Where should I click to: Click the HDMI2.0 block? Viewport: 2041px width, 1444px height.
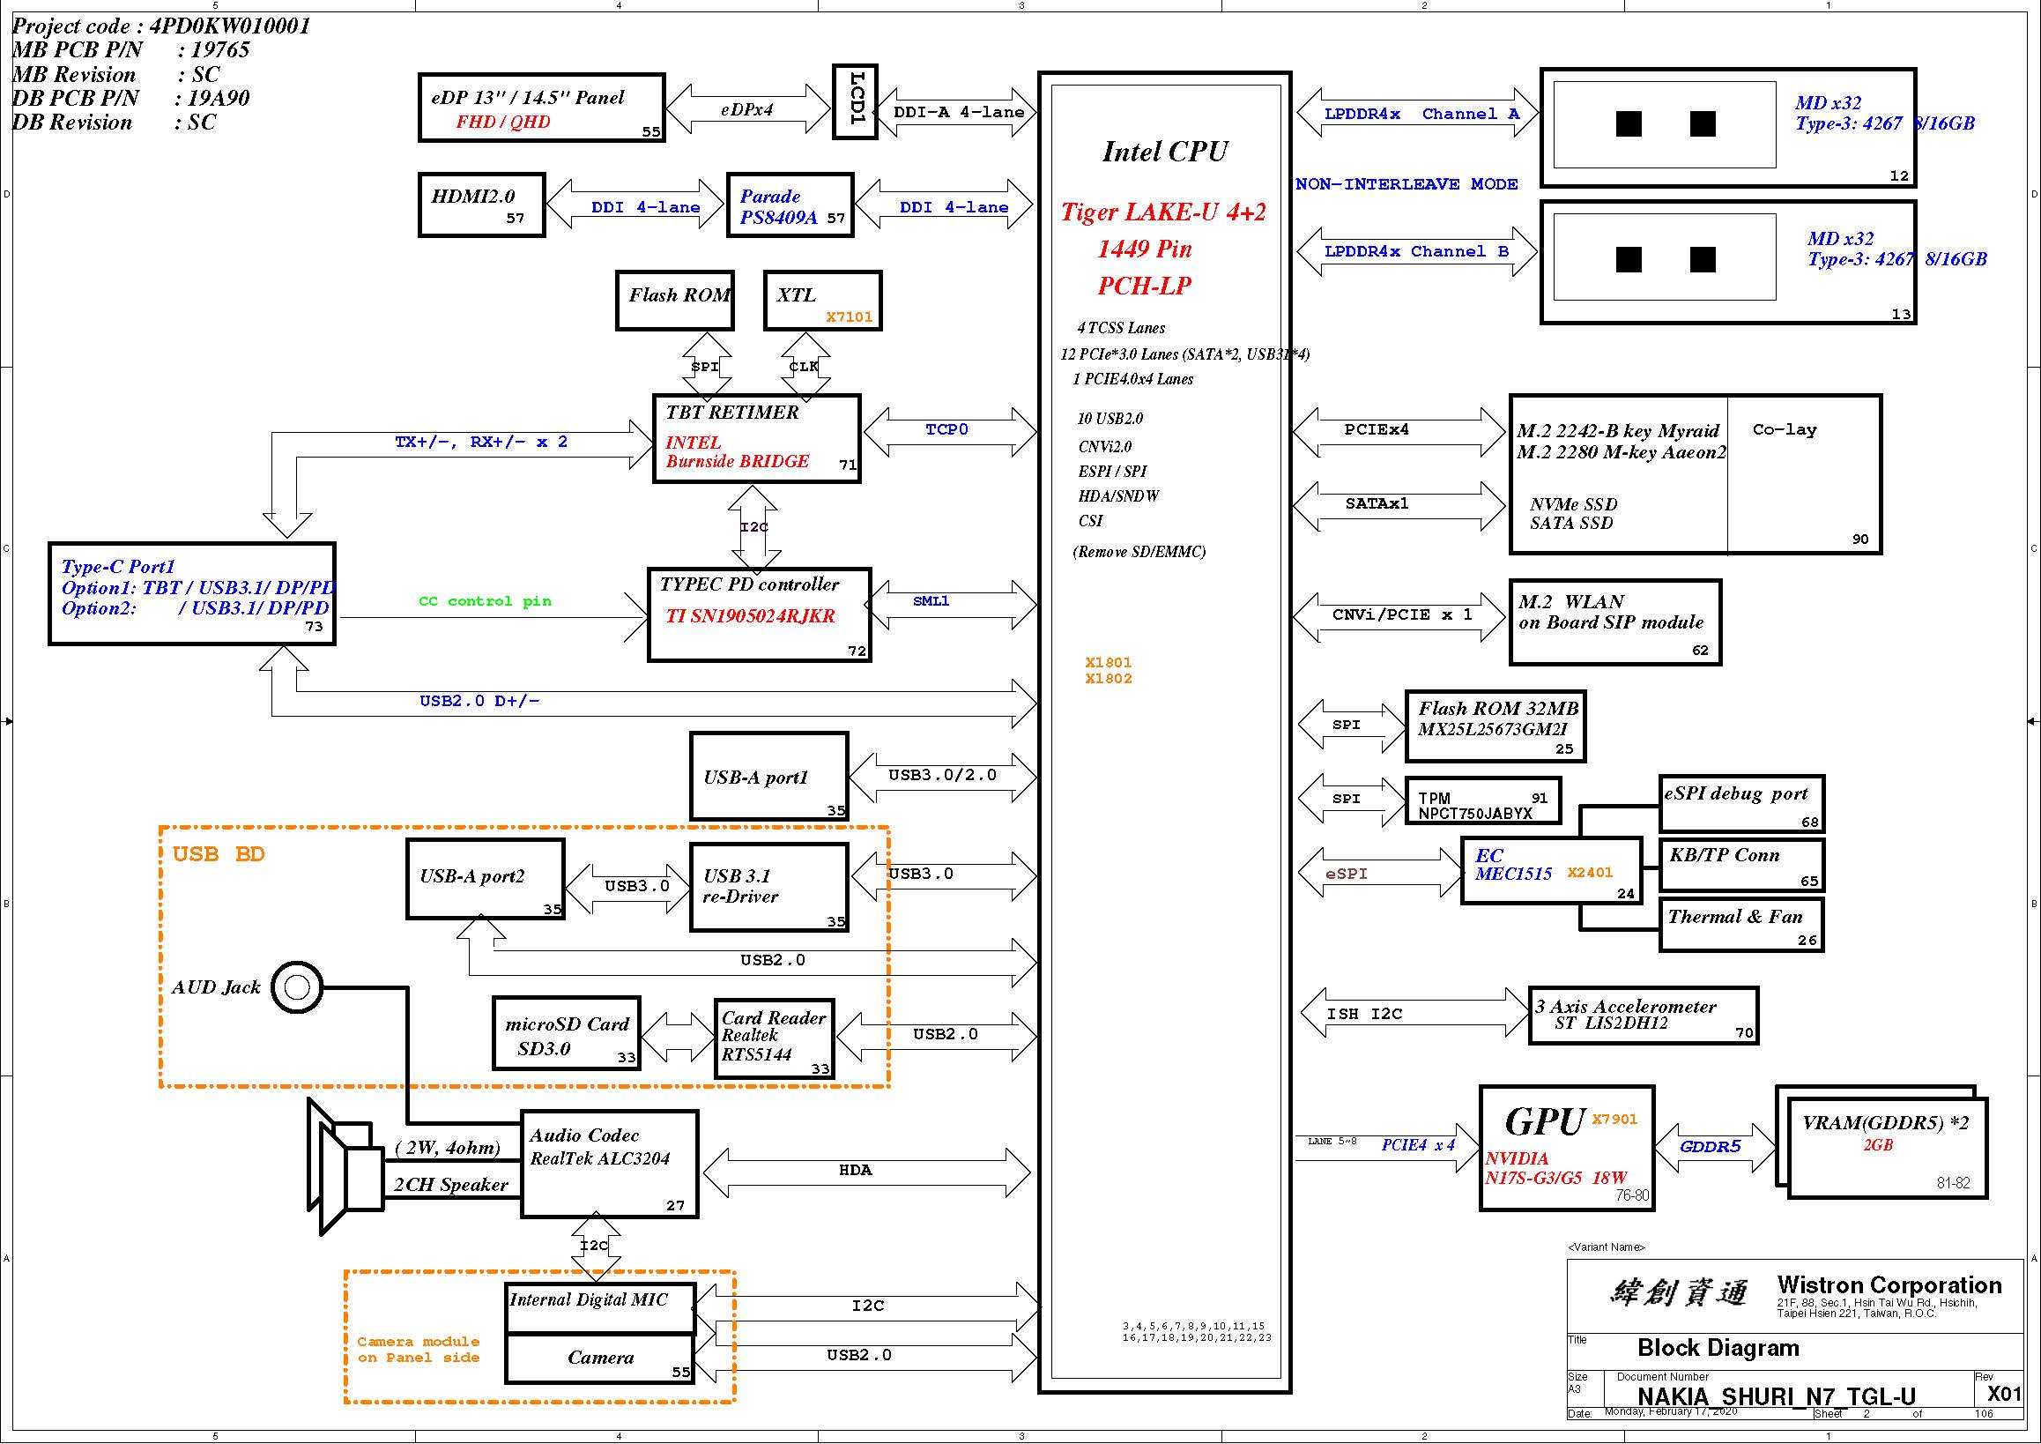[482, 205]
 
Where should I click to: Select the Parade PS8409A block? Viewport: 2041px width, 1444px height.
[790, 205]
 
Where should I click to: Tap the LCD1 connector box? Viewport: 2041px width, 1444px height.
[855, 101]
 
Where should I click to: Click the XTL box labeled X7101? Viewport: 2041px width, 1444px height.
[822, 301]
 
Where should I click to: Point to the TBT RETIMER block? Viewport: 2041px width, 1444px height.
[756, 438]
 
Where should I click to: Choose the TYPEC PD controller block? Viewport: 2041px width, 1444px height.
[759, 614]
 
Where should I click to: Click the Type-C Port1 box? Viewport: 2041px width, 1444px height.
[192, 593]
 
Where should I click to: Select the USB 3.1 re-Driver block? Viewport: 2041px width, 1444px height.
[769, 888]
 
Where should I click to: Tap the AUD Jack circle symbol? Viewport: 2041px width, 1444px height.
[297, 987]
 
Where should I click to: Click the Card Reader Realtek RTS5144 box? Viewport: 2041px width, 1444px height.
[775, 1038]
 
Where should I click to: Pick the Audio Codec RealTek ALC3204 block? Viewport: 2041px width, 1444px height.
[610, 1163]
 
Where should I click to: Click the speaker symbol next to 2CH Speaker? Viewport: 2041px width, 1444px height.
[346, 1165]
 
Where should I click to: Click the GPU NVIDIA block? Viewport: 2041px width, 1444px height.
[1566, 1148]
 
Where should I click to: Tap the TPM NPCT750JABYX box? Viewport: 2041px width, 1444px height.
[1483, 800]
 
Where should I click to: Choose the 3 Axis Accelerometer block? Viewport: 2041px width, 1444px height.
[1643, 1015]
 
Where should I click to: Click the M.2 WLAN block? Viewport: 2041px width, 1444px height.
[1615, 622]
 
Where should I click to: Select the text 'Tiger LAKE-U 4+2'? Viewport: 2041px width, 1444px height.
[1162, 212]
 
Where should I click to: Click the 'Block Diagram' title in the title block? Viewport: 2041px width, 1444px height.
[1718, 1348]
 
